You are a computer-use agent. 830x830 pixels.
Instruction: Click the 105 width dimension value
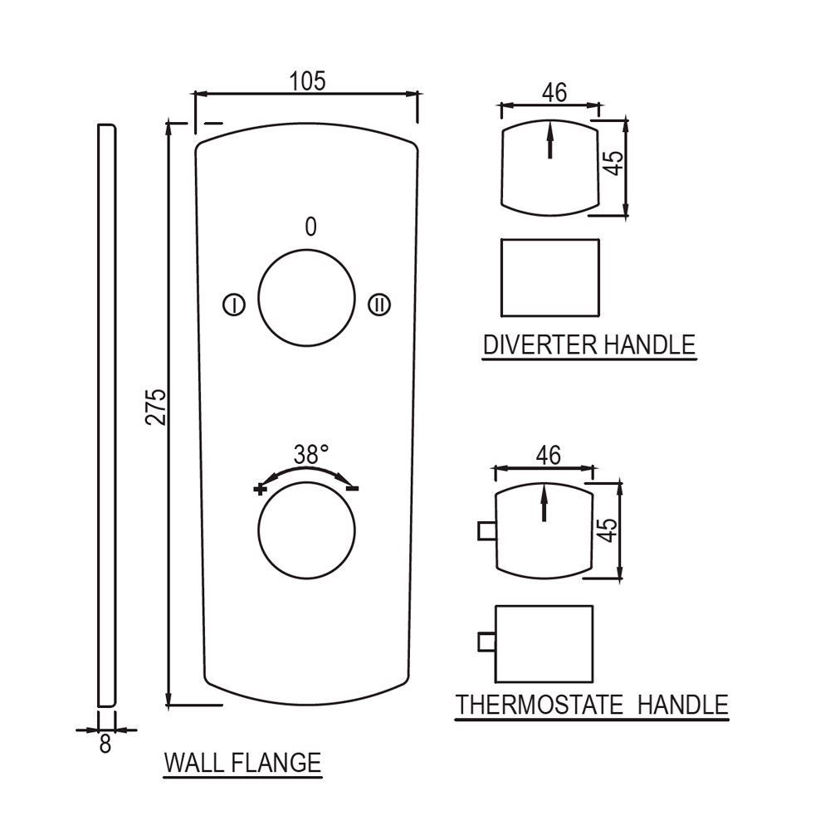(307, 81)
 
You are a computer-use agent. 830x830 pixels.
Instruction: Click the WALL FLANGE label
(242, 762)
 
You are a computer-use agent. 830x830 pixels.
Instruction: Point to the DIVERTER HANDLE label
(589, 344)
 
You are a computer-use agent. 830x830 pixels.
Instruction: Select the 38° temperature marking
(311, 454)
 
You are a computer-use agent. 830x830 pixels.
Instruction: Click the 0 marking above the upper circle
(310, 227)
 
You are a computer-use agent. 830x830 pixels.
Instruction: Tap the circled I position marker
(233, 305)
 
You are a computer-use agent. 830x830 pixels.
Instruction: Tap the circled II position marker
(379, 305)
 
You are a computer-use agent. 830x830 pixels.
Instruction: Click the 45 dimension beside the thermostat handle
(608, 530)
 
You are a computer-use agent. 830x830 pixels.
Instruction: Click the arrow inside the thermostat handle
(544, 502)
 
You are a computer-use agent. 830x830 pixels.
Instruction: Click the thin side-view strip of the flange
(107, 415)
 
